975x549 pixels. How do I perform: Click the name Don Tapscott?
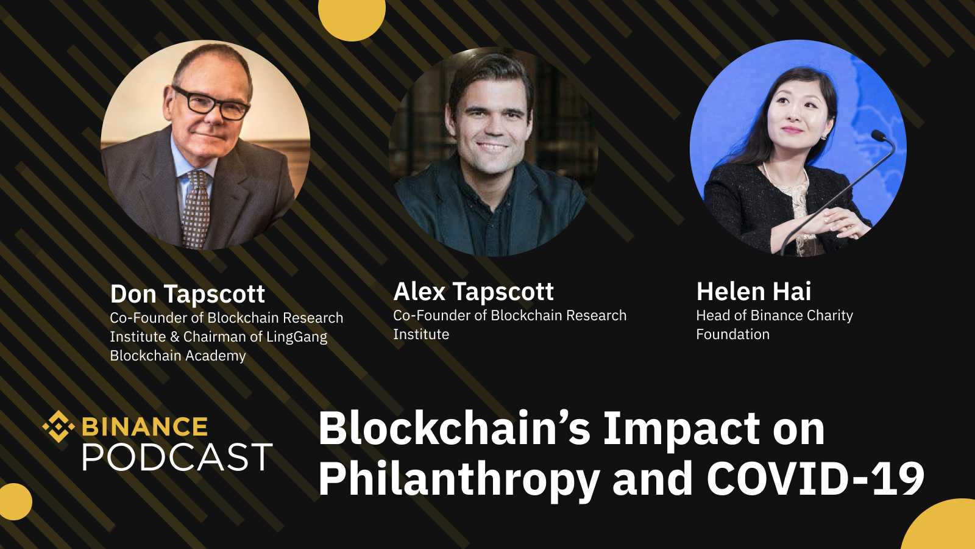(x=188, y=294)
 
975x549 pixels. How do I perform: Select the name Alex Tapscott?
(x=473, y=292)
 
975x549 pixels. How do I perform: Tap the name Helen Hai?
(x=754, y=292)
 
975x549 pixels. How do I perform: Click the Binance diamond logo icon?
(x=58, y=426)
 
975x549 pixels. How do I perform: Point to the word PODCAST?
(x=177, y=457)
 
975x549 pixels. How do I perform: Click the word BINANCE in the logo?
(x=144, y=426)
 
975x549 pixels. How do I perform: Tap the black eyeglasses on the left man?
(x=211, y=103)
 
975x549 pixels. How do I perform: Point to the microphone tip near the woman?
(x=879, y=135)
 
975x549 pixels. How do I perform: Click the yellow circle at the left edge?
(x=15, y=501)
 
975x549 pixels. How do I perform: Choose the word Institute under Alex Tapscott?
(x=421, y=335)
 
